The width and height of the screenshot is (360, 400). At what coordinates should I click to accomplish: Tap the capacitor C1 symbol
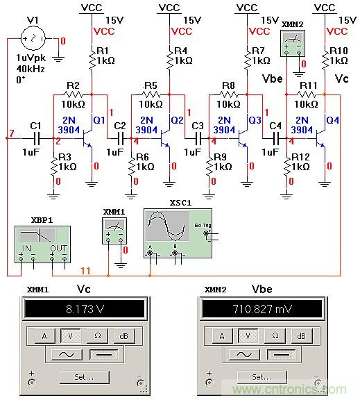[x=35, y=138]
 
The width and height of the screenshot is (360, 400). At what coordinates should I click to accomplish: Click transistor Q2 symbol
[x=165, y=138]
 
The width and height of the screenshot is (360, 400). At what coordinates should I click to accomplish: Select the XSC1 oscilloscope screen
[x=166, y=226]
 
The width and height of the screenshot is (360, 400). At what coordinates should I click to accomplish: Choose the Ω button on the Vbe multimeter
[x=275, y=336]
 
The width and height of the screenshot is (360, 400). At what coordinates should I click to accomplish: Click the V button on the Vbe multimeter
[x=248, y=336]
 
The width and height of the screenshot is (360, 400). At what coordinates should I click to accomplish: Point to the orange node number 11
[x=85, y=269]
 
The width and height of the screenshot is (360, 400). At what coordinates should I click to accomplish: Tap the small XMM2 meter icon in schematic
[x=295, y=45]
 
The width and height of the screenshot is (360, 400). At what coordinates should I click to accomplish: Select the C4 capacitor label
[x=275, y=125]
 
